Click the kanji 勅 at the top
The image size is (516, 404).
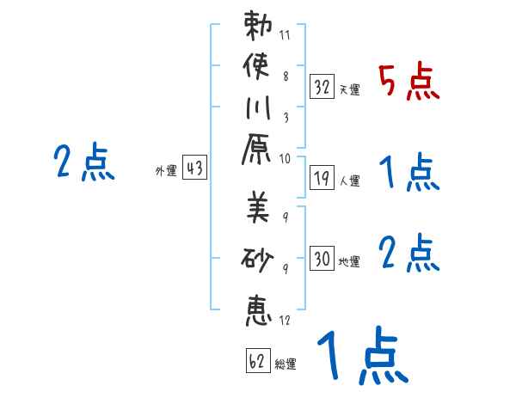click(x=258, y=28)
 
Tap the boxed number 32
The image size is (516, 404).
click(x=322, y=86)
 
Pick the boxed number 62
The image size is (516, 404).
click(x=256, y=360)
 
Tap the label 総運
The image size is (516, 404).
click(x=286, y=364)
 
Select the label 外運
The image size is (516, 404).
click(x=166, y=171)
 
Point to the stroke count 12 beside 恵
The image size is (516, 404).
click(x=285, y=321)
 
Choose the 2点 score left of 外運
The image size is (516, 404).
click(x=84, y=162)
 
